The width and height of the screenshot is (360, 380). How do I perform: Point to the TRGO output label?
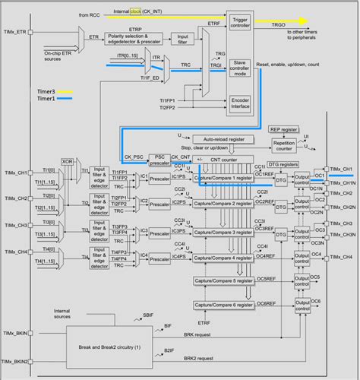[x=278, y=26]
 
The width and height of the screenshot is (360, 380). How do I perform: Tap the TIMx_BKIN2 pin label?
[x=17, y=361]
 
